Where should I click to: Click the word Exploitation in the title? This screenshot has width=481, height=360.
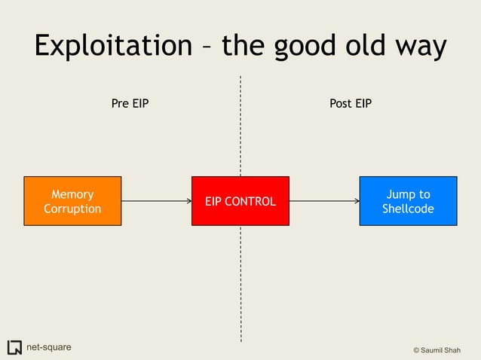(x=113, y=46)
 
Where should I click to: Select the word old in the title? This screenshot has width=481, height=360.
(x=380, y=46)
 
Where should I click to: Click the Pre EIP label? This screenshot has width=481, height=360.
(x=130, y=104)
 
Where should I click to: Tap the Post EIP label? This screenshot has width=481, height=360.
(x=351, y=104)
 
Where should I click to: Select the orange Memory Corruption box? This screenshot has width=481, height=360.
(x=72, y=201)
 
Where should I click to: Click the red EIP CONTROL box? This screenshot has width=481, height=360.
(x=240, y=201)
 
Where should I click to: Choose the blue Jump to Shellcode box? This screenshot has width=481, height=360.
(x=408, y=201)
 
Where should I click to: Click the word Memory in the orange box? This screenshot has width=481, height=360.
(x=72, y=194)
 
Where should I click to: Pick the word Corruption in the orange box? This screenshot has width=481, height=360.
(x=72, y=209)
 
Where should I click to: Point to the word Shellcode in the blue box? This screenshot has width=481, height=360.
(x=408, y=209)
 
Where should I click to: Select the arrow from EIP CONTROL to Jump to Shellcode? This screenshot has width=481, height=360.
(x=324, y=201)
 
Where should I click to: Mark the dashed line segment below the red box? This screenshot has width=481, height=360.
(x=240, y=282)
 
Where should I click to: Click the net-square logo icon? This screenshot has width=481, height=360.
(x=14, y=347)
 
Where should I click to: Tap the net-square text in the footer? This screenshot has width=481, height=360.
(x=49, y=347)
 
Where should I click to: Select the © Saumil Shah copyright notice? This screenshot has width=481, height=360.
(x=442, y=351)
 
